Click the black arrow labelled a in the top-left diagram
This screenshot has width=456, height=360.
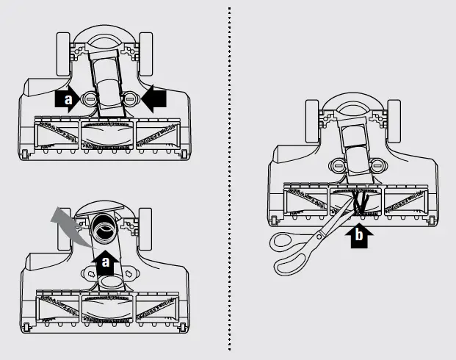67,99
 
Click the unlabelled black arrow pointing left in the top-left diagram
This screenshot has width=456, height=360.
154,99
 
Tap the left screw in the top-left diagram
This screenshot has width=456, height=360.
89,99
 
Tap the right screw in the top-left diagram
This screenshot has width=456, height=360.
129,99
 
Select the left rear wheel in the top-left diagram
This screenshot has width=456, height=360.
63,54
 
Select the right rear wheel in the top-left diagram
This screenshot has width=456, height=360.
146,54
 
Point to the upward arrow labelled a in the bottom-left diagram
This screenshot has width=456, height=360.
105,262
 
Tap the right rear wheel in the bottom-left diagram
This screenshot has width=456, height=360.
145,228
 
